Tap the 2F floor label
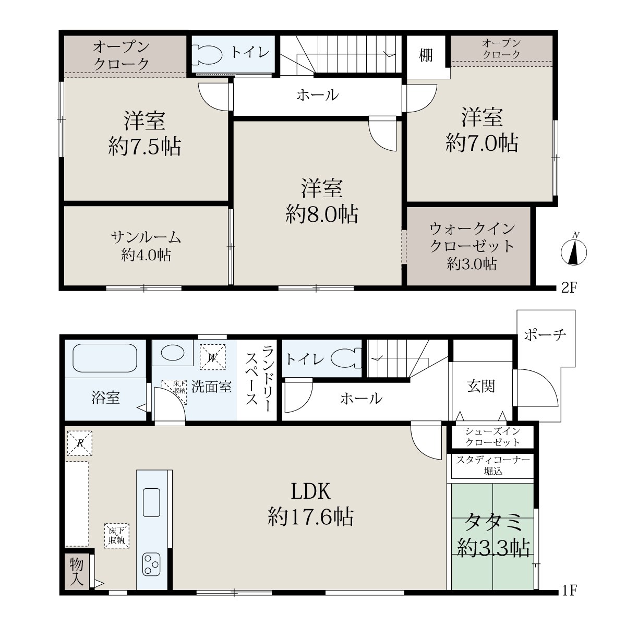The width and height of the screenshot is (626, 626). point(569,287)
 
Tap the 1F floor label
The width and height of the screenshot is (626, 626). point(569,590)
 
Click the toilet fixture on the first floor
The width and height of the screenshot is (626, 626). point(346,358)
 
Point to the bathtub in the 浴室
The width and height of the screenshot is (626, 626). point(105,358)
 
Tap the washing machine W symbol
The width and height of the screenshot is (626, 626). point(212,357)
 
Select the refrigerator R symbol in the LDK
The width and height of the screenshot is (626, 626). point(80,443)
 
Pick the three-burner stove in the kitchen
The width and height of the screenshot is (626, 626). point(151,564)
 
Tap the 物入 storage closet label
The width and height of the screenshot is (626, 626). point(77,572)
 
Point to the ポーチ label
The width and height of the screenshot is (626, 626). point(545,335)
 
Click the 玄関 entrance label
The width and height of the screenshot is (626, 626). point(481,386)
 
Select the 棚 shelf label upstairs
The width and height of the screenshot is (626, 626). point(426,55)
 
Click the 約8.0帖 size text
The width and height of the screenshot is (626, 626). point(322,214)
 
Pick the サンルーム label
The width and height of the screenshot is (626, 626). point(146,237)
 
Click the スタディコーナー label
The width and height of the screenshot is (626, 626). point(493,460)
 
